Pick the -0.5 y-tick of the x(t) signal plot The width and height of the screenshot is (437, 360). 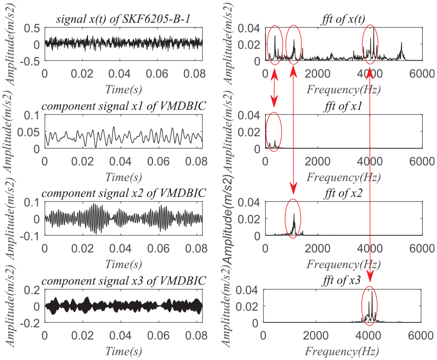[x=32, y=61]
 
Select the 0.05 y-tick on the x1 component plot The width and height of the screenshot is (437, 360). [x=32, y=132]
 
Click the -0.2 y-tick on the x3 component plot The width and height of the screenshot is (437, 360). [x=32, y=323]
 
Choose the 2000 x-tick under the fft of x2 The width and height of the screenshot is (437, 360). [x=318, y=248]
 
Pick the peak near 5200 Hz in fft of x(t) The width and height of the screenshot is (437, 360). [x=402, y=44]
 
